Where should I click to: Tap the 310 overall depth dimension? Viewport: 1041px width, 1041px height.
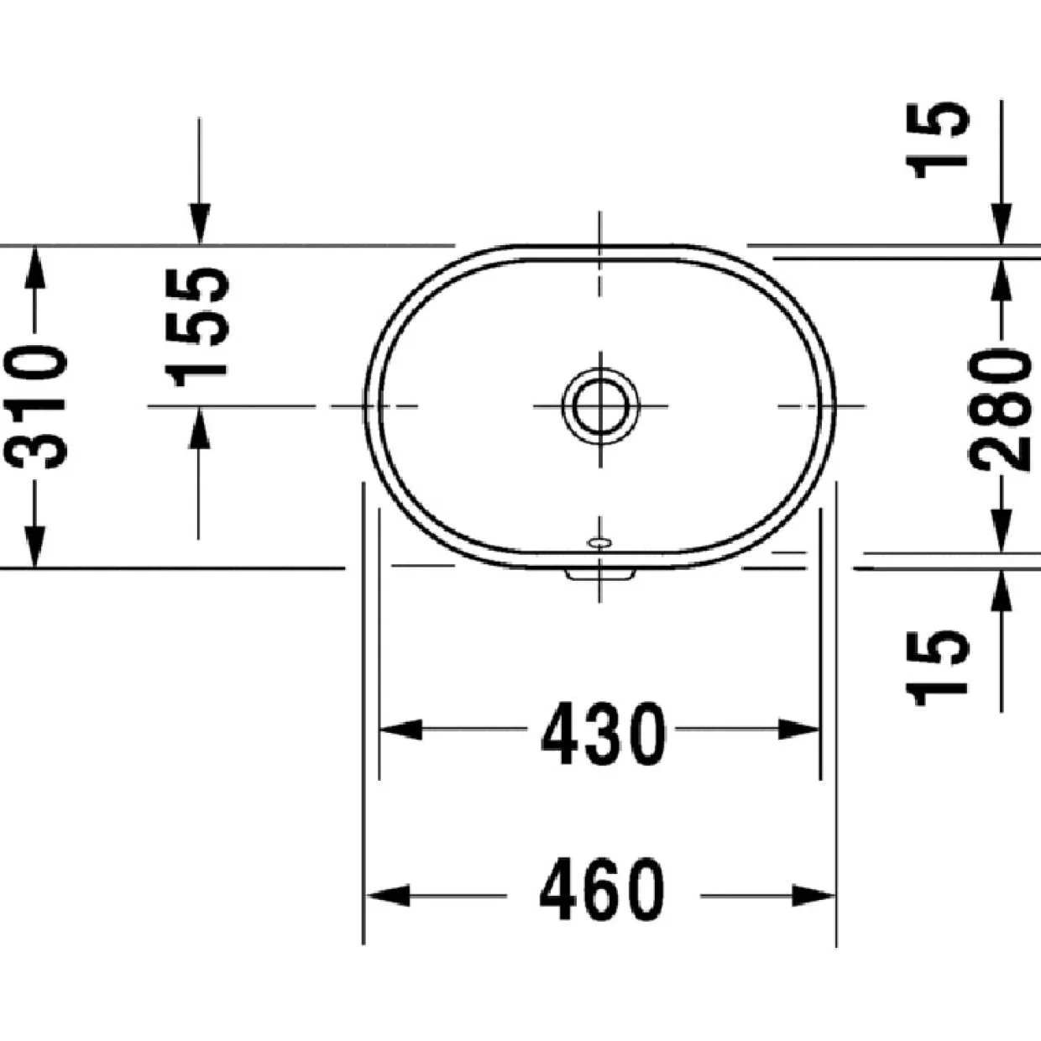34,406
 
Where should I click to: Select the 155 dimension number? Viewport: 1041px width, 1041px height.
196,327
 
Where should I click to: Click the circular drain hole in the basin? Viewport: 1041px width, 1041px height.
600,405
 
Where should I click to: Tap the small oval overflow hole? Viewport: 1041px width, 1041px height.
600,541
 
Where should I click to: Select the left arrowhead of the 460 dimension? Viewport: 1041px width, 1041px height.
388,896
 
